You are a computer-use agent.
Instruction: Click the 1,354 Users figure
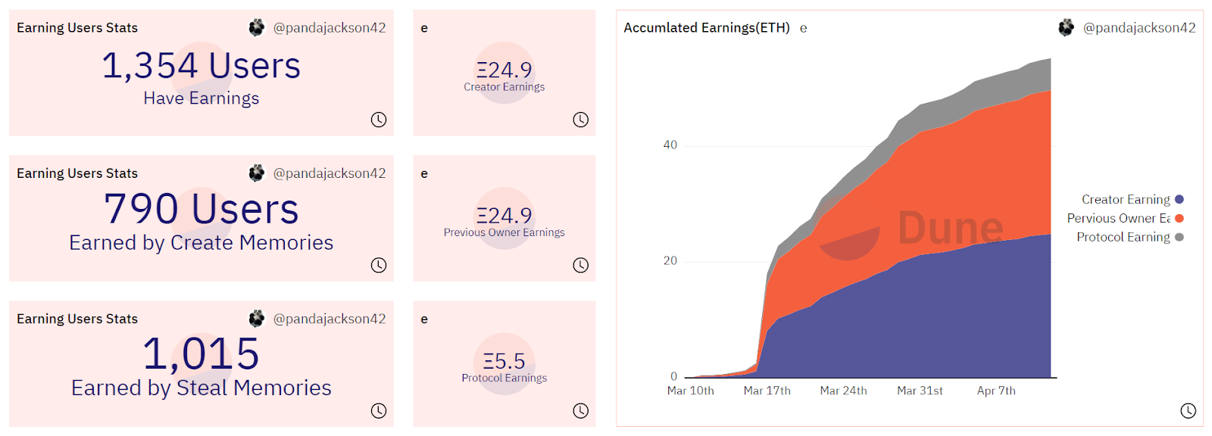201,66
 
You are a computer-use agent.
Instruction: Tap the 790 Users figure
201,209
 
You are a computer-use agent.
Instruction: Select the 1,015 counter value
201,354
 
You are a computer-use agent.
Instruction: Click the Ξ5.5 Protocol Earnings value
504,361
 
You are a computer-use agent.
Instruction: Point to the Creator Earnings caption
504,87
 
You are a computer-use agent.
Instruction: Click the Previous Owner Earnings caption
504,232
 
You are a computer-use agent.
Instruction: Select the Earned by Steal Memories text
201,388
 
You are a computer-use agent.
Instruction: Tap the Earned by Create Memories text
201,243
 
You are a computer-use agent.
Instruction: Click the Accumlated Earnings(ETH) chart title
706,28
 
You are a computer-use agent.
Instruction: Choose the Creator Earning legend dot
1179,200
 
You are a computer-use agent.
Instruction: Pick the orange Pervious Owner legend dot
1179,218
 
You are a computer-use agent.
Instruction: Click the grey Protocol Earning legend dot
1179,237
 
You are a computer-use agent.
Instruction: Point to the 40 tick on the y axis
670,145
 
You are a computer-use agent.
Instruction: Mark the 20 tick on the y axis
670,261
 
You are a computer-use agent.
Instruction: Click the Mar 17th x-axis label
767,391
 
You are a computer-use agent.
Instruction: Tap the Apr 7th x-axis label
996,391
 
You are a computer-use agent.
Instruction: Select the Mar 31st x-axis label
920,391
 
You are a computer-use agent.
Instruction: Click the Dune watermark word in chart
950,228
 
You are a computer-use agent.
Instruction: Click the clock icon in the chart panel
1188,410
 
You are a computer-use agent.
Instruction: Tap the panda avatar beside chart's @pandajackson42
1066,28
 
